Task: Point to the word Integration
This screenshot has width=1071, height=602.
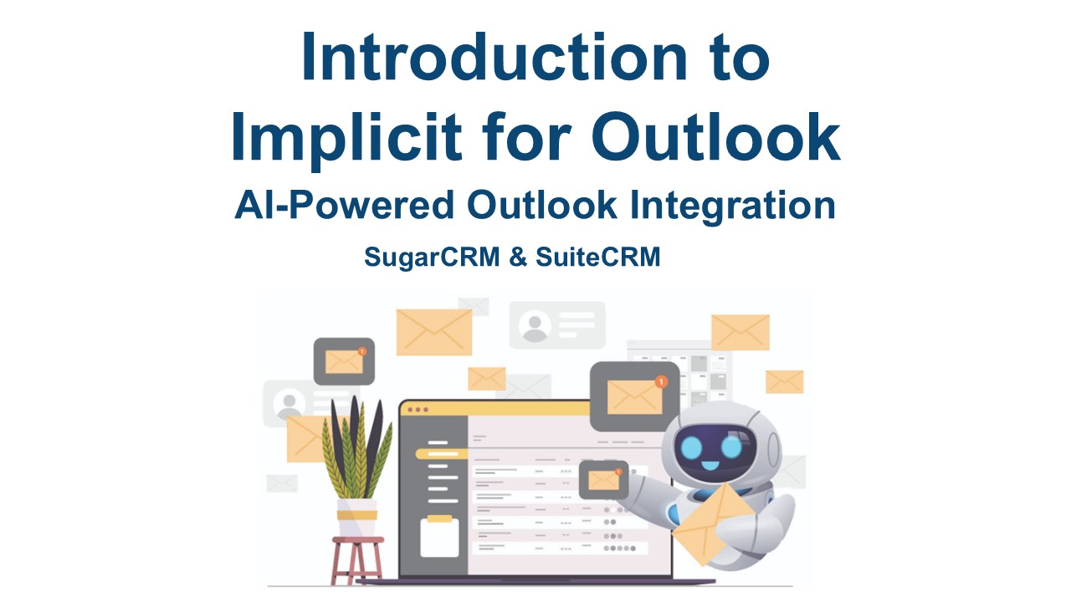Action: pyautogui.click(x=732, y=206)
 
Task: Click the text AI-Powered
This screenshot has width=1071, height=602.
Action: pyautogui.click(x=344, y=206)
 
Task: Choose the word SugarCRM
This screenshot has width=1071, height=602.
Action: pyautogui.click(x=432, y=258)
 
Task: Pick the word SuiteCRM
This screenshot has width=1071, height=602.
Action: pyautogui.click(x=597, y=257)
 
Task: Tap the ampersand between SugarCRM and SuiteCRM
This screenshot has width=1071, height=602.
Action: pyautogui.click(x=518, y=257)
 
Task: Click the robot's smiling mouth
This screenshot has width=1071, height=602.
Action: pyautogui.click(x=710, y=464)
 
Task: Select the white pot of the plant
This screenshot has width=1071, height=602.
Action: pyautogui.click(x=356, y=518)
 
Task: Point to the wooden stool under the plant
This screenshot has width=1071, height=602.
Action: pyautogui.click(x=357, y=560)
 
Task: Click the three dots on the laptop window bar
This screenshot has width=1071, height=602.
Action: pyautogui.click(x=418, y=410)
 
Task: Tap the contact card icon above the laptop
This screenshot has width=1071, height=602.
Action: pyautogui.click(x=557, y=325)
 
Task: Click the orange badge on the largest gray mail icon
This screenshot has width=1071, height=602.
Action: pyautogui.click(x=661, y=382)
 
